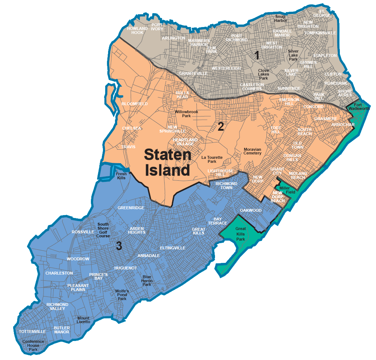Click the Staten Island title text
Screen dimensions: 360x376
point(168,162)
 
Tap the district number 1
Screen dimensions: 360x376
point(257,55)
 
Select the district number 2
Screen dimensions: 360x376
point(221,126)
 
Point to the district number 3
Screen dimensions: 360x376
point(119,246)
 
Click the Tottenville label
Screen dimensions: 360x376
point(32,332)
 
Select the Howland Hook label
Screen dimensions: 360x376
point(137,30)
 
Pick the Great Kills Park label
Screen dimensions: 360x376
point(241,234)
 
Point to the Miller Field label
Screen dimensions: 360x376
point(287,190)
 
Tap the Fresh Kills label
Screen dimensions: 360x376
point(121,176)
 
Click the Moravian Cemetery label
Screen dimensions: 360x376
point(253,151)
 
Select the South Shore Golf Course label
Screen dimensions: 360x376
point(103,230)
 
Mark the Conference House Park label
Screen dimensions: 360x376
point(33,345)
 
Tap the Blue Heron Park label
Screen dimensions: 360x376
point(147,280)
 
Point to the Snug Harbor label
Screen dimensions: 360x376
point(281,18)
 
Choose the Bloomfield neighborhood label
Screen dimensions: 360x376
point(135,104)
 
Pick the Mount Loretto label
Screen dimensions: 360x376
point(84,320)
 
